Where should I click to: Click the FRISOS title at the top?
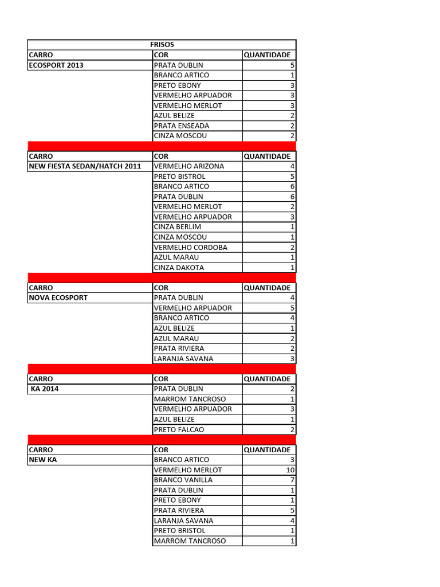coord(162,45)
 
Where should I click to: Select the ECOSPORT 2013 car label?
coord(56,65)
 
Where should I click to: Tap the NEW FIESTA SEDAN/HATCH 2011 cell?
coord(85,166)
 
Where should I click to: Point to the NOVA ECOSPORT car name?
coord(58,298)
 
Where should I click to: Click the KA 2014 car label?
coord(45,389)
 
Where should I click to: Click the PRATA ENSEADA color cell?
coord(182,126)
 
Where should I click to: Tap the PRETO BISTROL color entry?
coord(179,177)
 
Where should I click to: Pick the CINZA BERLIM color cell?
coord(178,227)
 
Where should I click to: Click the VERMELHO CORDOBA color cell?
coord(191,248)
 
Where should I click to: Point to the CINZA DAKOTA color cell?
coord(179,268)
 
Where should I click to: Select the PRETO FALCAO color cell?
coord(179,429)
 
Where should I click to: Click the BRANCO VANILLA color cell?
coord(183,480)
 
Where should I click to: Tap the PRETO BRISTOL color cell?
coord(180,531)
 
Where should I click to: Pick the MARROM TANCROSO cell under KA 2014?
coord(190,399)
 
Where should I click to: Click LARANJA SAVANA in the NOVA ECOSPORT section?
coord(183,359)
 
